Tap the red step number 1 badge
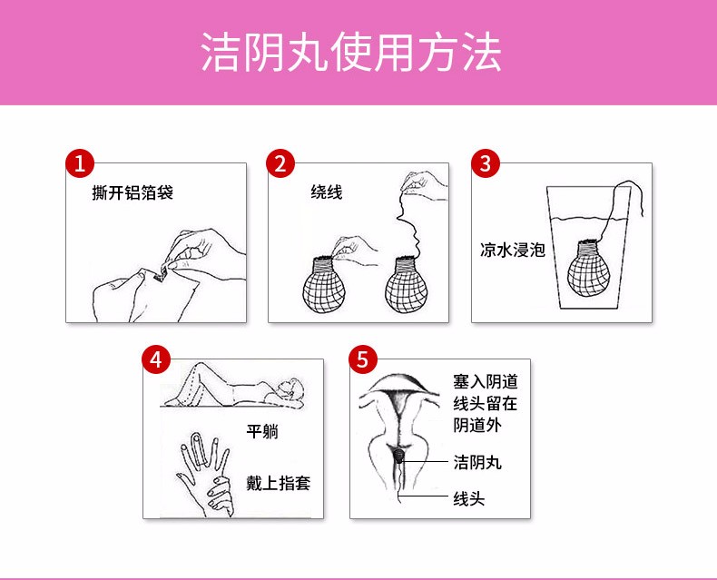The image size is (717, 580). click(81, 164)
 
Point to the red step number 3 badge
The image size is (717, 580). click(486, 164)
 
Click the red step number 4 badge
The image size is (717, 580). click(158, 359)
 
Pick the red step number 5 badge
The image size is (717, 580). click(364, 359)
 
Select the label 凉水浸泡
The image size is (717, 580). click(512, 250)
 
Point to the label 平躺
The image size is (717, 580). click(262, 432)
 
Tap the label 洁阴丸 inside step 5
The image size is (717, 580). click(477, 463)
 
